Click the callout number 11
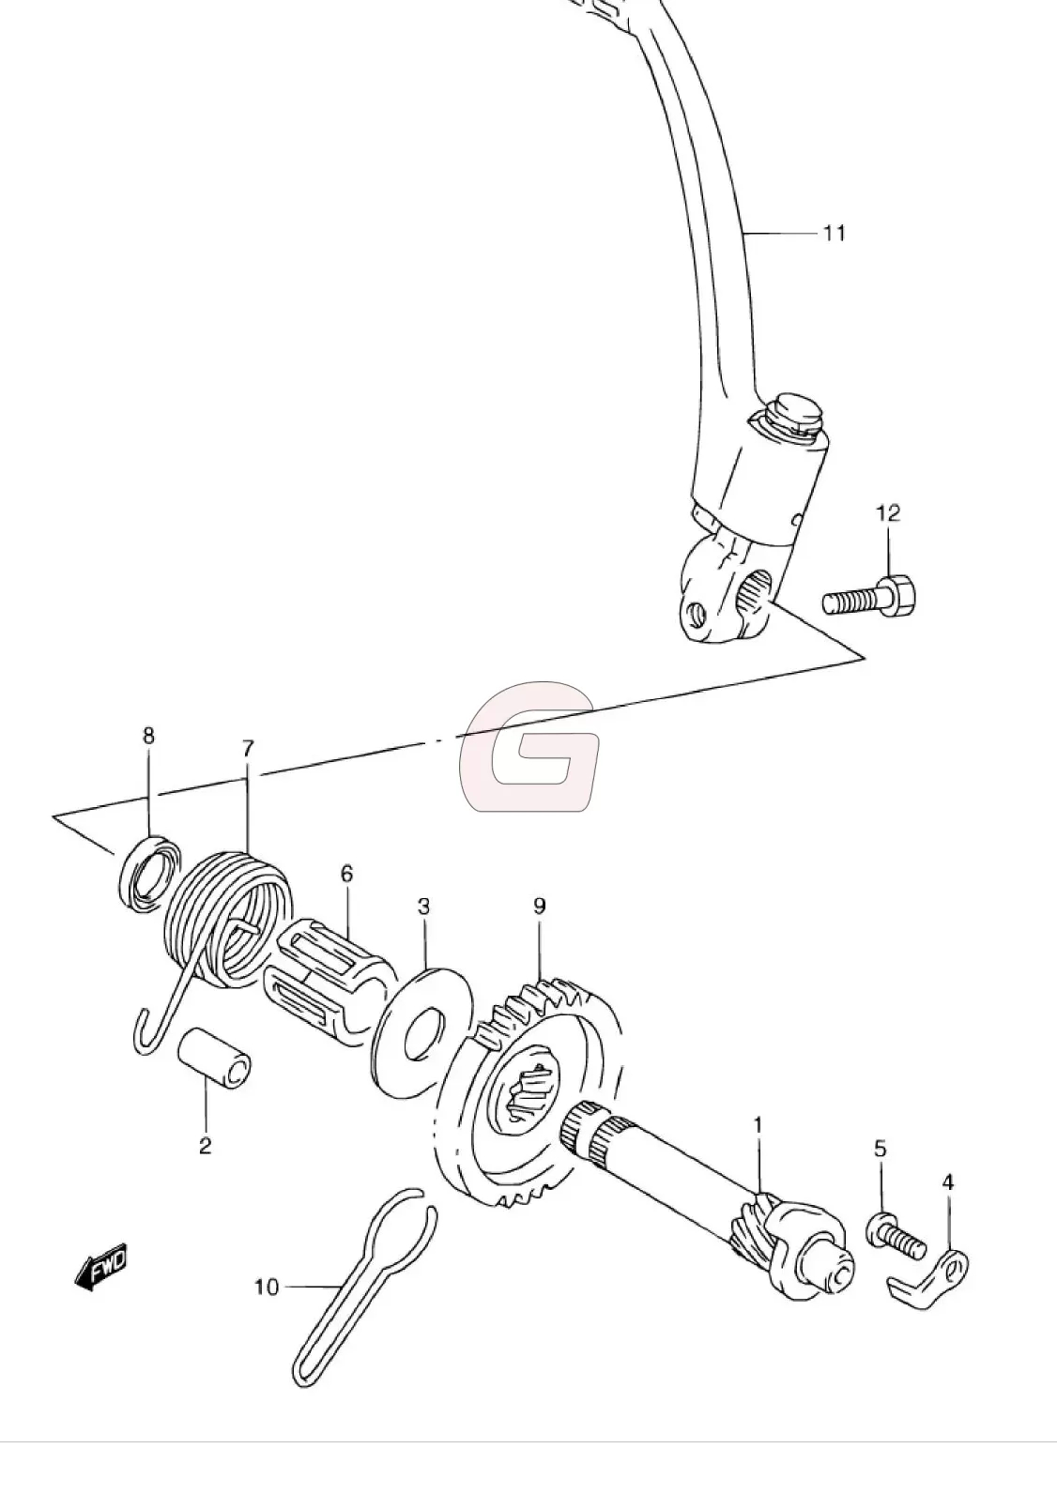point(835,234)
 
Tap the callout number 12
point(888,513)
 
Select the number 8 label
point(148,735)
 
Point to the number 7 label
point(248,749)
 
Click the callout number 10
point(267,1287)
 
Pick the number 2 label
point(205,1145)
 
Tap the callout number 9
point(539,906)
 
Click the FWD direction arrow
point(100,1266)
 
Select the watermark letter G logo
point(529,746)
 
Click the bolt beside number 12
point(869,596)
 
